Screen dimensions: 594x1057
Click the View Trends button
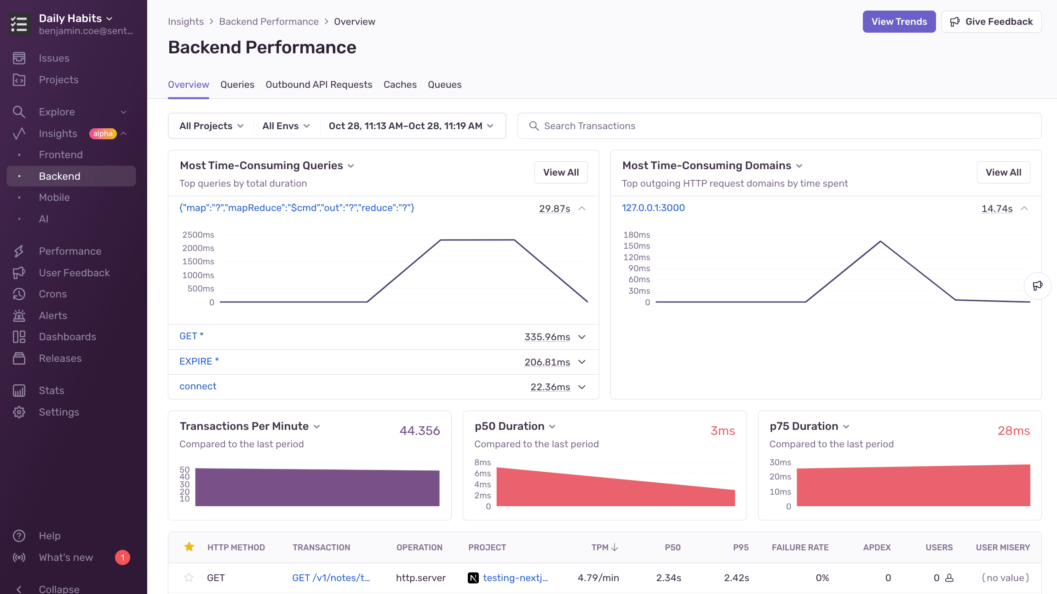(x=899, y=22)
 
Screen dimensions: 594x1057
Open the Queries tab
(x=237, y=85)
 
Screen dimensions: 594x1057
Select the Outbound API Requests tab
(x=319, y=85)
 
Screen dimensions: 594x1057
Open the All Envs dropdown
(x=286, y=126)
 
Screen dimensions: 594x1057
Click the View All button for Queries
(x=561, y=172)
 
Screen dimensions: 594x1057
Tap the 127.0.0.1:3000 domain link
(x=653, y=208)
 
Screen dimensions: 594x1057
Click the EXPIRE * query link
(x=199, y=361)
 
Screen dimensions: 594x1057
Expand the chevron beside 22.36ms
(x=582, y=387)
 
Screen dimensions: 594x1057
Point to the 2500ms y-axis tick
(x=198, y=235)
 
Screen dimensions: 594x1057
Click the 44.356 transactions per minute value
(x=419, y=431)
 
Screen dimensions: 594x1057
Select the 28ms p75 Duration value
(x=1013, y=431)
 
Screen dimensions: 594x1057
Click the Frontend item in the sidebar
(x=61, y=154)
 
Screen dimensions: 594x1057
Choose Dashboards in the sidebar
(x=67, y=337)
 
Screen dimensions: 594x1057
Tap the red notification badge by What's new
(x=122, y=557)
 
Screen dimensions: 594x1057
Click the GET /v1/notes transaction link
(x=331, y=578)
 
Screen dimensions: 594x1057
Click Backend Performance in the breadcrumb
(x=269, y=22)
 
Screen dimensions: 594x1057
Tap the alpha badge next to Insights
(x=103, y=133)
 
